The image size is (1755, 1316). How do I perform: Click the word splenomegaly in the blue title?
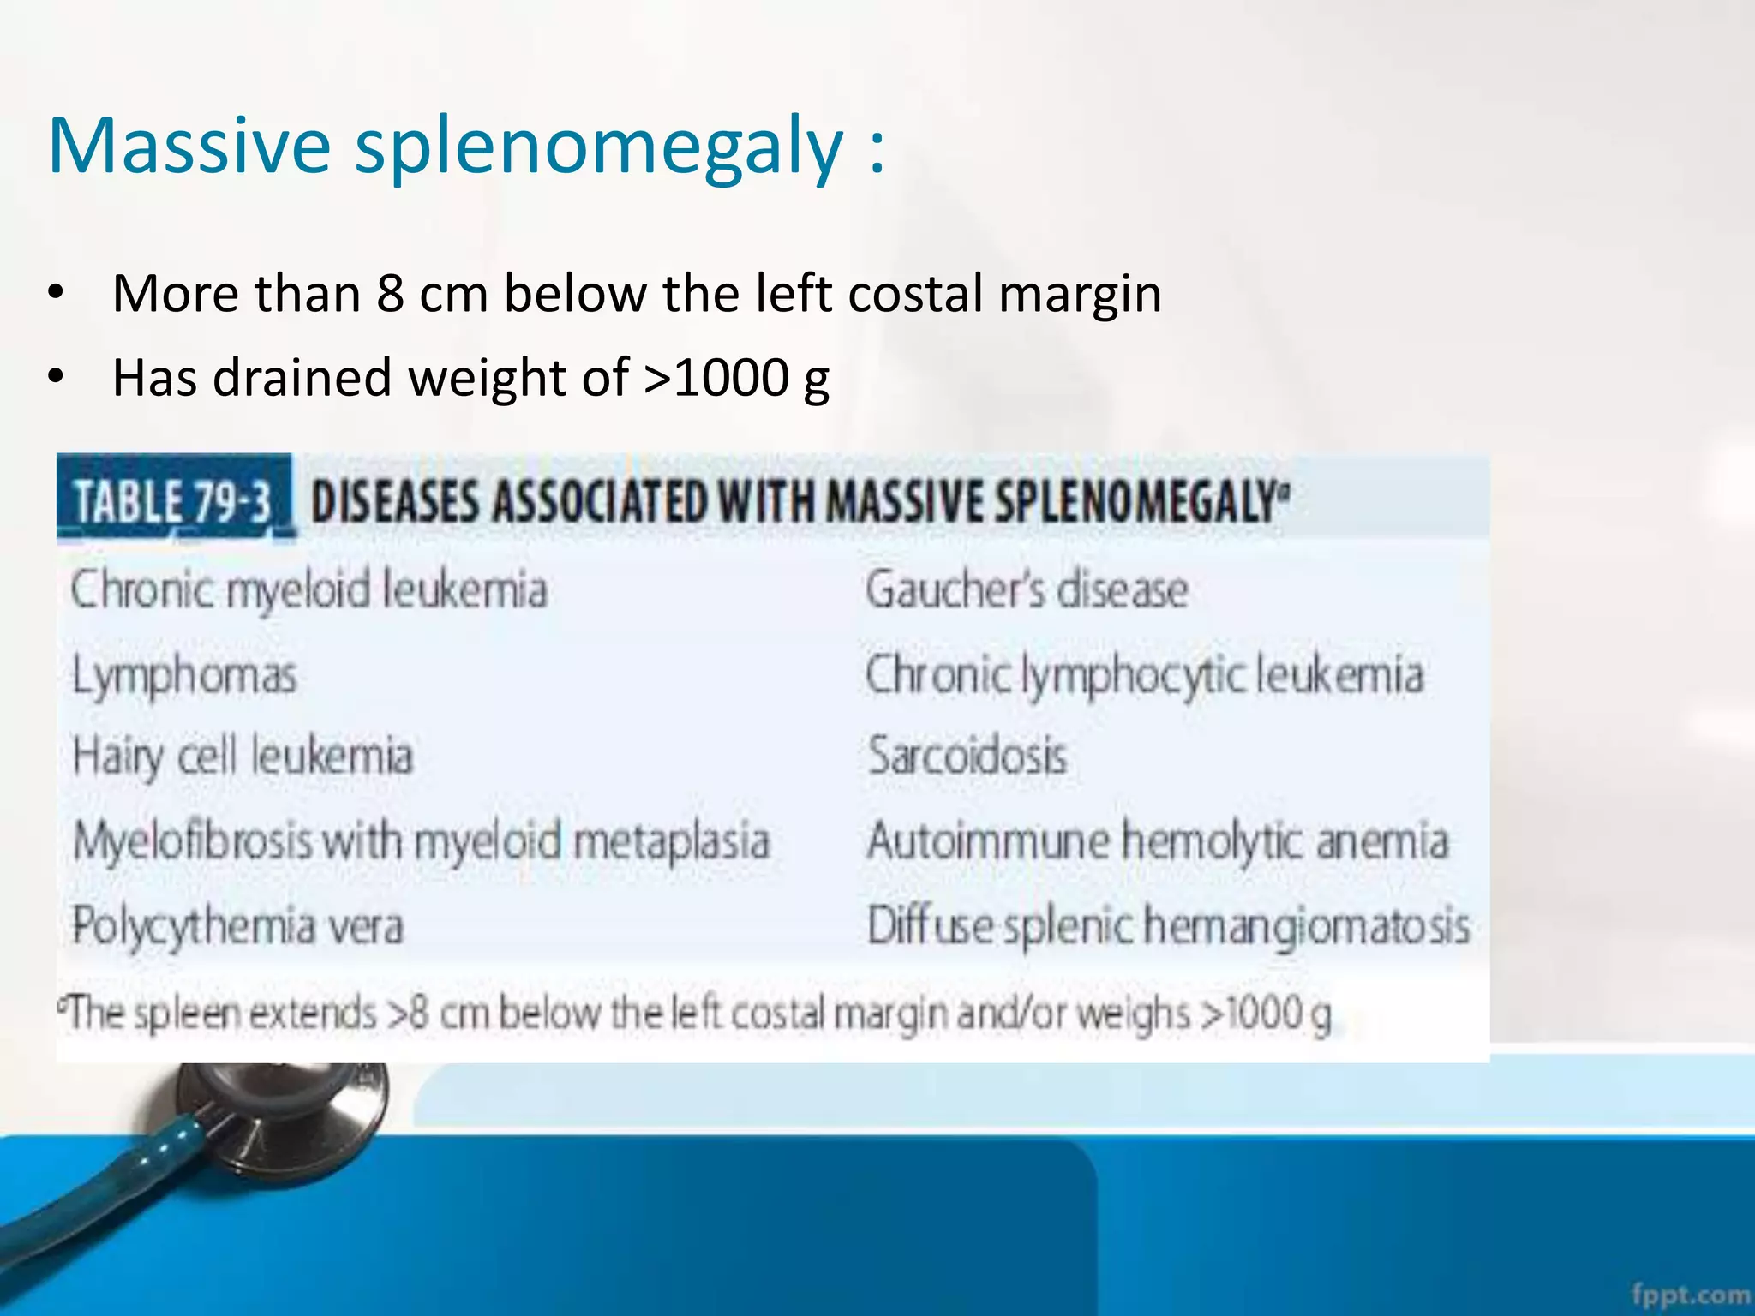pos(600,147)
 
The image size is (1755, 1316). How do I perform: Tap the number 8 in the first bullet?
pos(390,294)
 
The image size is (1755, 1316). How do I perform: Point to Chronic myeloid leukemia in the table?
pos(308,590)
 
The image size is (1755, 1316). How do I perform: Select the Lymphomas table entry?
pos(184,675)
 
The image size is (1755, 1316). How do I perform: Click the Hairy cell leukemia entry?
pos(243,757)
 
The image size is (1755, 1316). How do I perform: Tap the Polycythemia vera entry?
pos(237,926)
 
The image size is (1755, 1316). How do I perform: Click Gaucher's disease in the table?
pos(1027,590)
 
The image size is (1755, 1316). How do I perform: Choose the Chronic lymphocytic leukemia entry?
pos(1144,675)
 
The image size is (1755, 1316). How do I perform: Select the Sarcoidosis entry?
pos(967,757)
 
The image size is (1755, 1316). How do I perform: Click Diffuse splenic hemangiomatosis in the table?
pos(1168,926)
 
